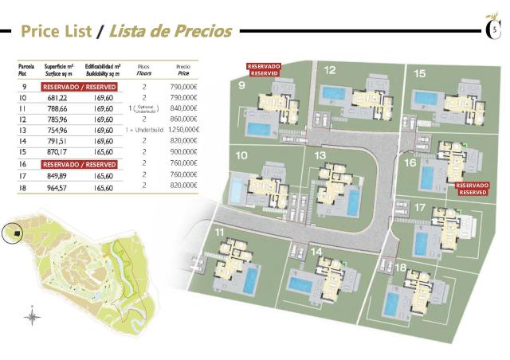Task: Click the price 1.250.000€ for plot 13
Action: [183, 130]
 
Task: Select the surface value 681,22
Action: [56, 97]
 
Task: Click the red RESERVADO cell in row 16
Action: [79, 163]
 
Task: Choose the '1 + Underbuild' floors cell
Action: [144, 130]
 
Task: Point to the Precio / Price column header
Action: [183, 69]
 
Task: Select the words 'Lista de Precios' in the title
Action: [170, 32]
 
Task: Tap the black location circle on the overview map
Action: [12, 232]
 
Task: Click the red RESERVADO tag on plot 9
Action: [264, 69]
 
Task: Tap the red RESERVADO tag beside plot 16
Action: [472, 189]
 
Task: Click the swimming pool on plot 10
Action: [238, 190]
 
